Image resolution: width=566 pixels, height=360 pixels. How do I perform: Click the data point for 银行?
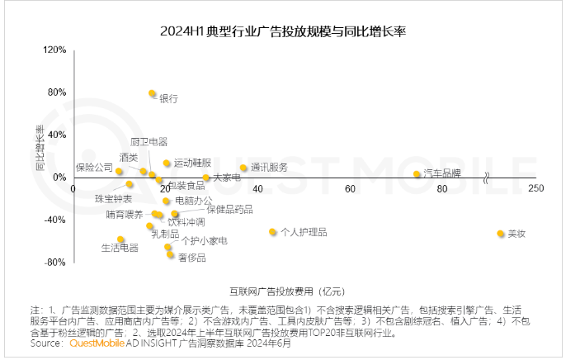(x=152, y=94)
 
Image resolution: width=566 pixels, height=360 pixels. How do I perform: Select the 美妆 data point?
(x=500, y=234)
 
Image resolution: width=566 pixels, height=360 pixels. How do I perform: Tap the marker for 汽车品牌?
(x=417, y=174)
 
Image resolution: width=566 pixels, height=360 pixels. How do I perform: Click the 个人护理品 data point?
(x=272, y=232)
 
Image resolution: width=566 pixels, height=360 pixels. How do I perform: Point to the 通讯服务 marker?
(x=243, y=168)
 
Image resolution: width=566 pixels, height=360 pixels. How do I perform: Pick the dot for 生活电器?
(x=120, y=239)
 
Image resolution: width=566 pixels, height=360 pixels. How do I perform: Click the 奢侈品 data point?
(x=171, y=254)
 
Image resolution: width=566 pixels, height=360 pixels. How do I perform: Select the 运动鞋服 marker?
(x=167, y=163)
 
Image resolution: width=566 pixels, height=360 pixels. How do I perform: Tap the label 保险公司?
(x=93, y=168)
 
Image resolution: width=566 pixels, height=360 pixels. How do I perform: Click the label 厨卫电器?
(x=149, y=142)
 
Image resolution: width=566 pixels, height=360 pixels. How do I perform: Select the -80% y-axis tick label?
(x=54, y=262)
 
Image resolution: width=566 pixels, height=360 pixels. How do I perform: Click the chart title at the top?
(x=282, y=32)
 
